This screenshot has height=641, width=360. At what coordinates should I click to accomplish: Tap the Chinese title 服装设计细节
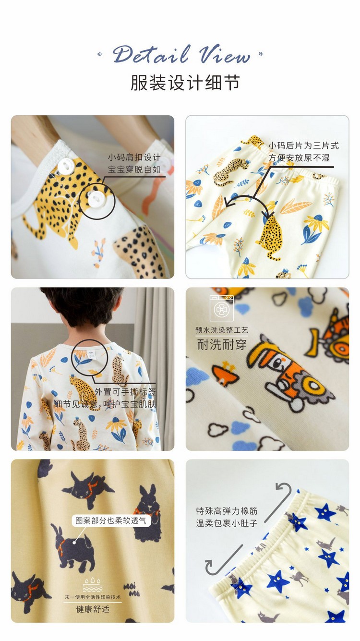click(185, 83)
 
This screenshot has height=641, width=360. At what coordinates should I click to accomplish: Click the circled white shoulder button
click(96, 199)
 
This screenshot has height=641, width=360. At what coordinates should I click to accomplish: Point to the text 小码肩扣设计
click(134, 157)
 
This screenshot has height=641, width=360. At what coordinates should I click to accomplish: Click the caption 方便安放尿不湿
click(299, 157)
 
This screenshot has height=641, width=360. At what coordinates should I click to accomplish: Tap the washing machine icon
click(221, 308)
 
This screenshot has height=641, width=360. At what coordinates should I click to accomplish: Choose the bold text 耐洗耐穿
click(221, 344)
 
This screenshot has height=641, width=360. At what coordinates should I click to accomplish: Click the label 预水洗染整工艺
click(221, 330)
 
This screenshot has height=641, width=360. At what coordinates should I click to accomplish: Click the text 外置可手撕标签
click(125, 391)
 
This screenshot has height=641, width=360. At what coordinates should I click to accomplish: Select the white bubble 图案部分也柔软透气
click(111, 520)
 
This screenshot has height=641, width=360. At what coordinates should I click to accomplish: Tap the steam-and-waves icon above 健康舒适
click(93, 584)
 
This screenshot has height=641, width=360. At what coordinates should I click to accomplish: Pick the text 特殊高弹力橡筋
click(227, 511)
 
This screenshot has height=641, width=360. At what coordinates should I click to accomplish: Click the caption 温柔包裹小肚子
click(227, 523)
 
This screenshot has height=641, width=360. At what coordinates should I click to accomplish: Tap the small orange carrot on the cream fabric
click(225, 374)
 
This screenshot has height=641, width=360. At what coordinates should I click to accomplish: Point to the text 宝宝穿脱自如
click(134, 169)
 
